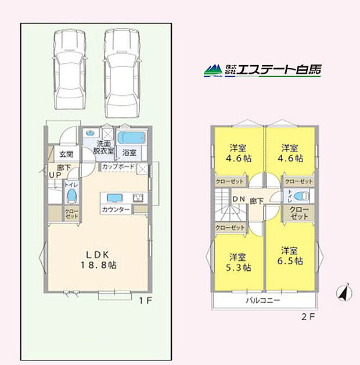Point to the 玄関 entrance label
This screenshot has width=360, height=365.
(x=66, y=155)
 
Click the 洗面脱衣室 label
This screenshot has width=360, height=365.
(x=104, y=146)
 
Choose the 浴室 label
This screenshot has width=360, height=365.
(x=129, y=153)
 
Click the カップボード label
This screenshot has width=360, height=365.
(x=118, y=167)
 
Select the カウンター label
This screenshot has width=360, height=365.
(x=116, y=209)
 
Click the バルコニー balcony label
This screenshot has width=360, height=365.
(x=262, y=300)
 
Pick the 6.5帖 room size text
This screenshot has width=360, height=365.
(x=291, y=262)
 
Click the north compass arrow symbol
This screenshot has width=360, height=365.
(x=343, y=293)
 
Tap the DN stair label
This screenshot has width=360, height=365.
(x=237, y=200)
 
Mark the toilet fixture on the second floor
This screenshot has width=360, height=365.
(x=296, y=196)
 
